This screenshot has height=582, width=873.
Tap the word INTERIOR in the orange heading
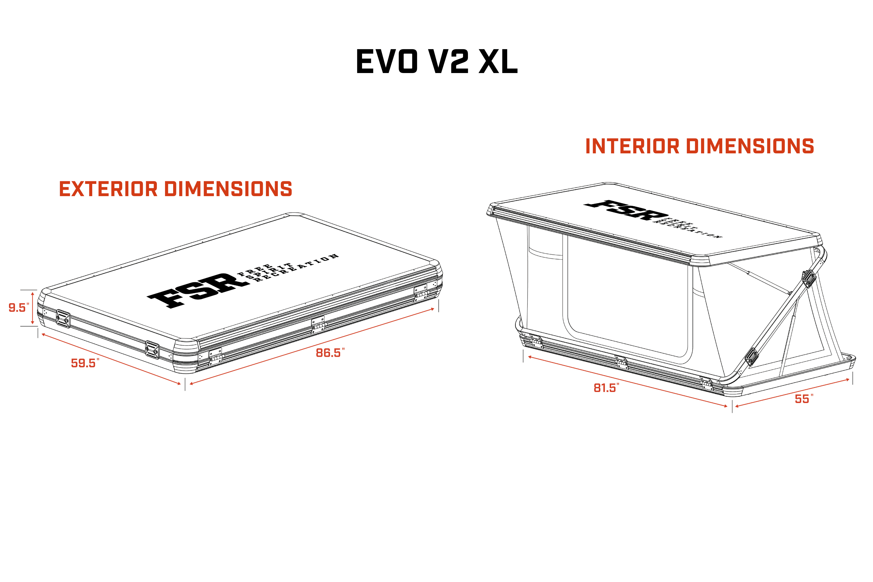(x=632, y=146)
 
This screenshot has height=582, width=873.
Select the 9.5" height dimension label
(x=19, y=308)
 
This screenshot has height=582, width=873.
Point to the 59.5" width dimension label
(x=85, y=363)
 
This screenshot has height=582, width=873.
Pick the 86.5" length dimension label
(x=330, y=353)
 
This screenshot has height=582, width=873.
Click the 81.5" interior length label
(x=606, y=388)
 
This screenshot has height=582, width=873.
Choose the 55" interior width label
(x=804, y=399)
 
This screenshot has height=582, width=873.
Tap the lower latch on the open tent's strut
(x=752, y=357)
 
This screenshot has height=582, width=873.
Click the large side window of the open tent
(x=628, y=297)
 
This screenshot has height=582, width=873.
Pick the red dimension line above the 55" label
(x=792, y=393)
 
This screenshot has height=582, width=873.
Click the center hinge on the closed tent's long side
(x=318, y=324)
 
